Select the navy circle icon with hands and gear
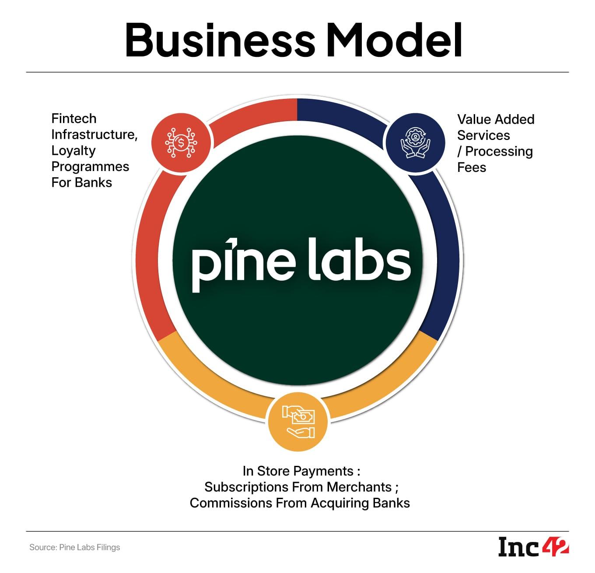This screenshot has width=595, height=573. tap(415, 143)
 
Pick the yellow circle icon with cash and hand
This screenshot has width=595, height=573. tap(298, 422)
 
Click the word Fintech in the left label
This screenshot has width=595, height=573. tap(73, 119)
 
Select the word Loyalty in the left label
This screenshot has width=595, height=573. tap(73, 150)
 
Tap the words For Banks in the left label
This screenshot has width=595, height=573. tap(81, 182)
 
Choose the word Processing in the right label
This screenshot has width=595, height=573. tap(499, 151)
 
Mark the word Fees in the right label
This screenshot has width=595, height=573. tap(471, 168)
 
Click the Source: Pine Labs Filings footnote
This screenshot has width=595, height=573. tap(74, 547)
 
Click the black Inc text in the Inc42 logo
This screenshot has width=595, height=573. tap(519, 547)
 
